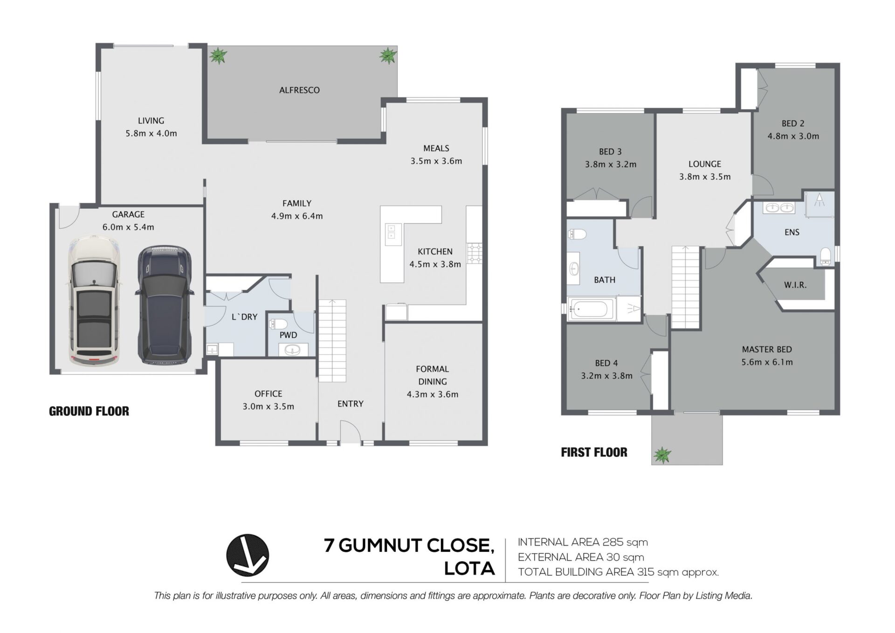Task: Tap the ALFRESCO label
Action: (299, 90)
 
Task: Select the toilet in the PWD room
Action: (279, 323)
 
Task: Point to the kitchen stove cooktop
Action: (475, 254)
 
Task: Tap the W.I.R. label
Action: (795, 285)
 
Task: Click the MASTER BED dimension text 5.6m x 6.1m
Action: (767, 362)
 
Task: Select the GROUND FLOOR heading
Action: (89, 411)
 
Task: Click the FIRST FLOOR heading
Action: (594, 452)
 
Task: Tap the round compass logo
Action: (248, 555)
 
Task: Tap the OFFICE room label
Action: (268, 394)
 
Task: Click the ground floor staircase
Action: (332, 341)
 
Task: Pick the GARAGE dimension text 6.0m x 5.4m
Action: (128, 227)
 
